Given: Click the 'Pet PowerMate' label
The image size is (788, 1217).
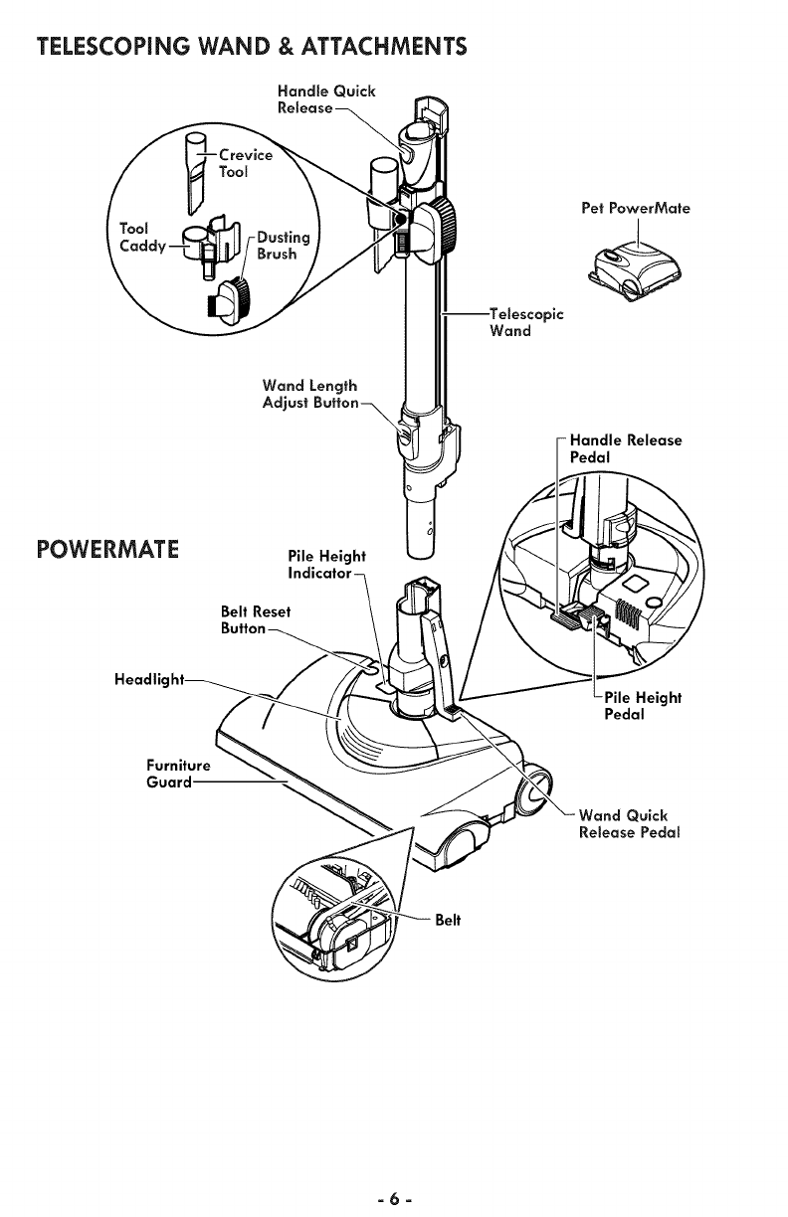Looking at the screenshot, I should [x=636, y=209].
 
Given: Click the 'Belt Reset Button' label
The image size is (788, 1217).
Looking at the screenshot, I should [x=257, y=619].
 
